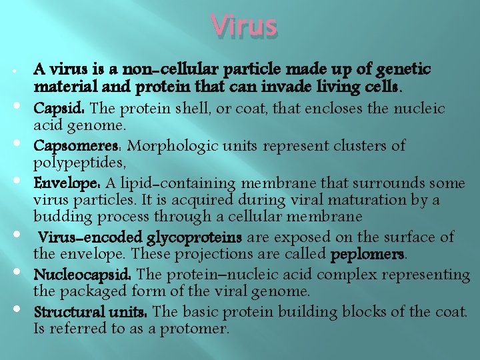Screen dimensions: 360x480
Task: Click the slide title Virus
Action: pos(243,26)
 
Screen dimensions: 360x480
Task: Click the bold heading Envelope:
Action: pos(67,183)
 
